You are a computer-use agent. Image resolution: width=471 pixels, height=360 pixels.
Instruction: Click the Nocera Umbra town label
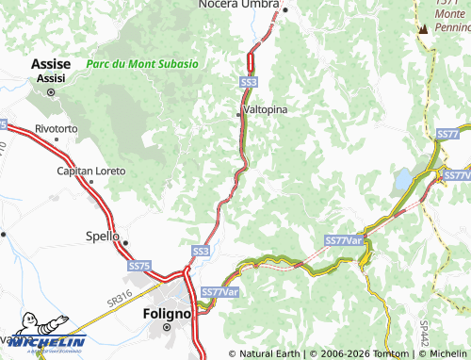[235, 5]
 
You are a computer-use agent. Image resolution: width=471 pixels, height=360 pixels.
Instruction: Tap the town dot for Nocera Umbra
[284, 9]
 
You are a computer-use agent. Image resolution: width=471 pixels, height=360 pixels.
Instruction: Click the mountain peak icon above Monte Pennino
[423, 28]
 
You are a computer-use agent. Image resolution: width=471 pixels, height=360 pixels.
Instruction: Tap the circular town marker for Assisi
[51, 92]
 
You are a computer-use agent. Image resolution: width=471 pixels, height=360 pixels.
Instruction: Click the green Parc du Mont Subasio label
[141, 64]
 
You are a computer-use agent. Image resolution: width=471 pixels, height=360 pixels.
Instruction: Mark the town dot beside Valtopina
[238, 114]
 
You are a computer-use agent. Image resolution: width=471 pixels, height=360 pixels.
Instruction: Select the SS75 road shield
[138, 267]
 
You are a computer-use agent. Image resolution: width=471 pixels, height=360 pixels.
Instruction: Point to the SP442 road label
[423, 331]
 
